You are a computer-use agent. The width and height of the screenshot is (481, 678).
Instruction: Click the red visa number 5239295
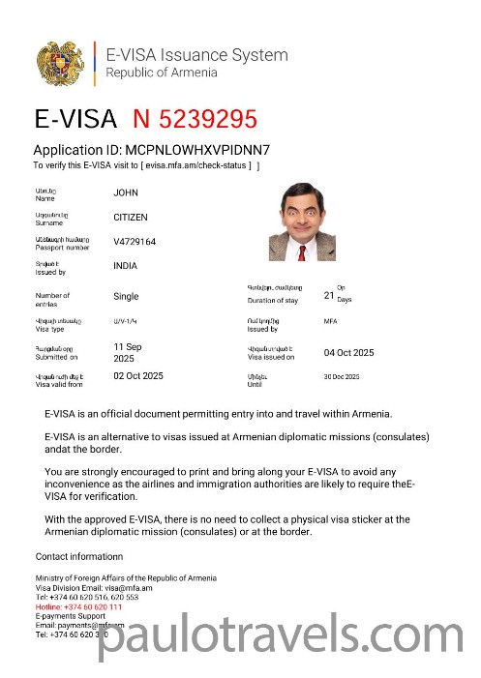(x=195, y=119)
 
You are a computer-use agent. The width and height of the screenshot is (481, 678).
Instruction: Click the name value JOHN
(x=126, y=192)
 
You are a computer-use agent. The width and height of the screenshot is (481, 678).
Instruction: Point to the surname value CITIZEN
(x=131, y=218)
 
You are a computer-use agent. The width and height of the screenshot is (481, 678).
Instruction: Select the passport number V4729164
(x=135, y=242)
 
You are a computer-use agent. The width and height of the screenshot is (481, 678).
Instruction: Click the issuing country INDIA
(x=126, y=266)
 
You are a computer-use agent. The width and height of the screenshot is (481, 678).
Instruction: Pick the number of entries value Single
(x=126, y=296)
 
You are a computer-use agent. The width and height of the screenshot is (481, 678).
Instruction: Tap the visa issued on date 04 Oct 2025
(x=348, y=352)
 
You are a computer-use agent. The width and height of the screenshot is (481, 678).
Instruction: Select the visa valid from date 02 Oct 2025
(x=138, y=375)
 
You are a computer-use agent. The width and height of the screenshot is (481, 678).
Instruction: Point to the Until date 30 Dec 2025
(x=341, y=376)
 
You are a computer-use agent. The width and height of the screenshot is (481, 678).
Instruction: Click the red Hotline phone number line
(x=79, y=606)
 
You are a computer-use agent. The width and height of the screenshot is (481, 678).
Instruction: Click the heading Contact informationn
(x=79, y=556)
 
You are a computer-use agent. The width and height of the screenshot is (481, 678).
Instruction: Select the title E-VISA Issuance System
(x=196, y=55)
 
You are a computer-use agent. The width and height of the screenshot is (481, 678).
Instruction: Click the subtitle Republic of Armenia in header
(x=162, y=73)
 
